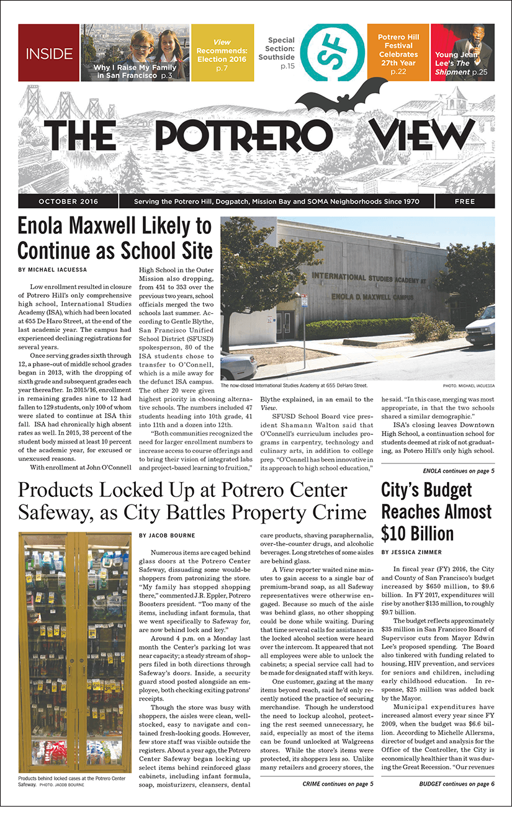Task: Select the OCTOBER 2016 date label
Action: pyautogui.click(x=66, y=202)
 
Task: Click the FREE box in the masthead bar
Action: pyautogui.click(x=464, y=202)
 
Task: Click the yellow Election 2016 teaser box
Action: pyautogui.click(x=222, y=53)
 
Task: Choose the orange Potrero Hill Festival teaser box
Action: pyautogui.click(x=398, y=53)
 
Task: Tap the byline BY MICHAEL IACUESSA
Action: pyautogui.click(x=53, y=271)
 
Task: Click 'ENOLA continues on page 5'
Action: pyautogui.click(x=458, y=471)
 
